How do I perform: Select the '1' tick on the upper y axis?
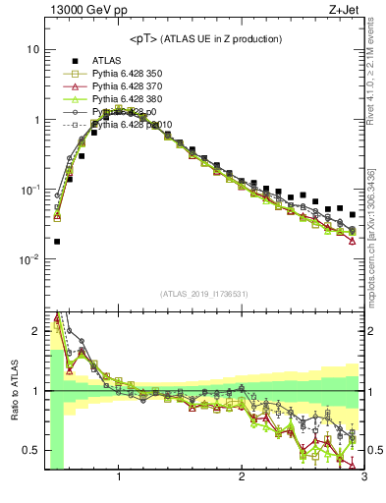click(35, 120)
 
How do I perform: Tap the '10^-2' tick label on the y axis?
click(29, 260)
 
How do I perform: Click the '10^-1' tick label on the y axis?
click(29, 190)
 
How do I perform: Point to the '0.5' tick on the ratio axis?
click(31, 451)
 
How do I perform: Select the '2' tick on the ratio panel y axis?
click(35, 331)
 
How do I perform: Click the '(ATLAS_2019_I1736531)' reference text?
click(204, 294)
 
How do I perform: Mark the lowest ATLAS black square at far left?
click(57, 242)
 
